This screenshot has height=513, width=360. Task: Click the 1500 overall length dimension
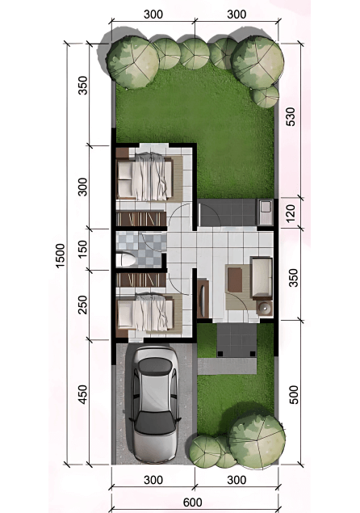pos(60,255)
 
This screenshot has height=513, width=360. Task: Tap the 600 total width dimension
pos(193,502)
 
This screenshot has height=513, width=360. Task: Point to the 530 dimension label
pos(290,116)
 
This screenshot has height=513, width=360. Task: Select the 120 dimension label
pos(290,212)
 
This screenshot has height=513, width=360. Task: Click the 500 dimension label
pos(294,394)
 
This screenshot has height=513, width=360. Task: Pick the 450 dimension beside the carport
pos(82,394)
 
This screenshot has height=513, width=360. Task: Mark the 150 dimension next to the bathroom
pos(82,249)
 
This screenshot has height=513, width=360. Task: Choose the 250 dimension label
pos(82,305)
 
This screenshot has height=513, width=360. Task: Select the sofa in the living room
pos(262,279)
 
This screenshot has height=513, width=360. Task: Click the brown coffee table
pos(235,280)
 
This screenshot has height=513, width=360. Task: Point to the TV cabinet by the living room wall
pos(203,298)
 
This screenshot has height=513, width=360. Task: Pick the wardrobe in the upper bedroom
pos(141,219)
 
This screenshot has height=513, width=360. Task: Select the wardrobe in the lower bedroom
pos(141,280)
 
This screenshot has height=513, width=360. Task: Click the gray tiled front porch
pos(237,340)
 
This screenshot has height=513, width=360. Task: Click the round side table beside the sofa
pos(264,308)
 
